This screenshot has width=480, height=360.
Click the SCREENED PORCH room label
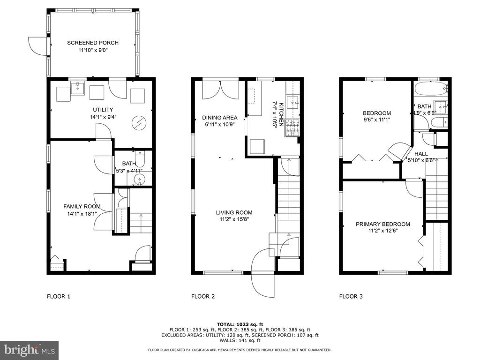[93, 43]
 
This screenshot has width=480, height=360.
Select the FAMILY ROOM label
[82, 207]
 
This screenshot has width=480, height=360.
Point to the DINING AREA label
[219, 118]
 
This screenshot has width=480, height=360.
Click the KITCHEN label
[281, 116]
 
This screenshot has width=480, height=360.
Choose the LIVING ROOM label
[234, 212]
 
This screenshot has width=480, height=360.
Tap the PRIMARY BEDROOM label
[382, 224]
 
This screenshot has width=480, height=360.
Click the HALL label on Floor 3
[421, 154]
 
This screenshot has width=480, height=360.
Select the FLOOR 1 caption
[59, 296]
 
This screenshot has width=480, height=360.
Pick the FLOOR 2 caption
[203, 296]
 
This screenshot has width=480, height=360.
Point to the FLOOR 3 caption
[351, 296]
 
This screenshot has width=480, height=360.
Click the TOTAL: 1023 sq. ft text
[240, 324]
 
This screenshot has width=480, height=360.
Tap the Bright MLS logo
[30, 349]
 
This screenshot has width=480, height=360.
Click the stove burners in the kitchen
[292, 127]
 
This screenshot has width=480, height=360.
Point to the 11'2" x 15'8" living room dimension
[234, 219]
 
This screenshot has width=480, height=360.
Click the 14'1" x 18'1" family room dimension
[82, 214]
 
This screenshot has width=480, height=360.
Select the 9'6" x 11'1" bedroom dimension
[377, 120]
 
